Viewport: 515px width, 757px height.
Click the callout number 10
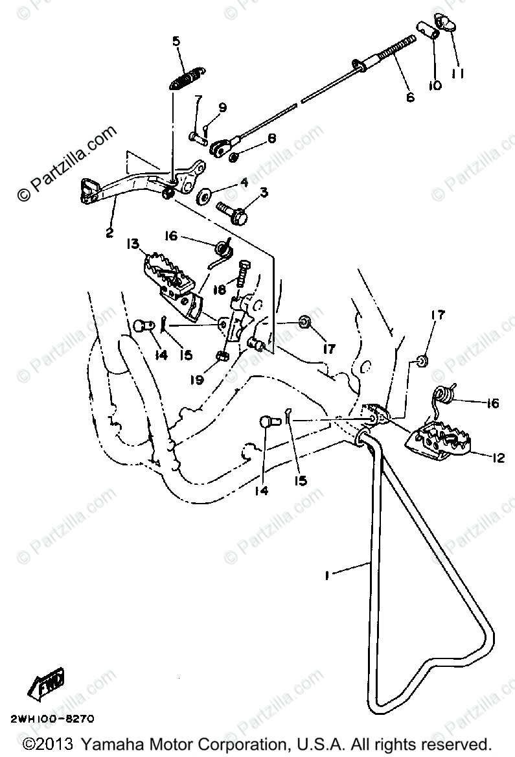point(434,85)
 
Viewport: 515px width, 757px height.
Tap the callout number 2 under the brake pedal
point(109,231)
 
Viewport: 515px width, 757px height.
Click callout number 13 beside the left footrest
point(132,244)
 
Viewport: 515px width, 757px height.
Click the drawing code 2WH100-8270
point(51,719)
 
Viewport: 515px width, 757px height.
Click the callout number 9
point(222,108)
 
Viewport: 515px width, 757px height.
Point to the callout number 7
point(198,99)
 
